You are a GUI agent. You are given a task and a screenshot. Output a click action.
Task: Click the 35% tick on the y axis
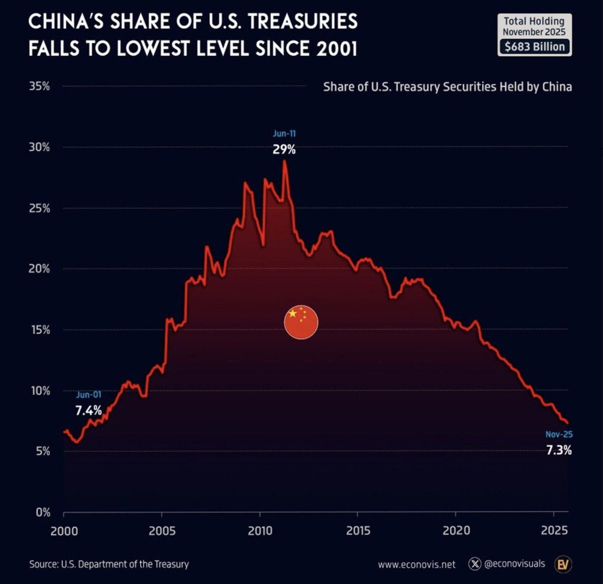39,86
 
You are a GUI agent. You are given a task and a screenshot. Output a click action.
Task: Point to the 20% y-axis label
39,269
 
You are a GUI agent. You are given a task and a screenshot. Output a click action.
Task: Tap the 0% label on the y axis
43,513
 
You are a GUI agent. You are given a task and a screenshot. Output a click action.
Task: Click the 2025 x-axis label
554,531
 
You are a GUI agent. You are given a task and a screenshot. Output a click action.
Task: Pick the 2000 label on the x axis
64,531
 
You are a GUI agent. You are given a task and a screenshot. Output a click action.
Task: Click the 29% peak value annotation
284,150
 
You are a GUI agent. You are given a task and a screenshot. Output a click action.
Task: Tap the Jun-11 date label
284,134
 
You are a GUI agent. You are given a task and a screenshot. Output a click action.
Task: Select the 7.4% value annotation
88,411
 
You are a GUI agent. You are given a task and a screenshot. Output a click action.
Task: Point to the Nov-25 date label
559,434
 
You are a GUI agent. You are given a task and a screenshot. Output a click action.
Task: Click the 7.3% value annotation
559,450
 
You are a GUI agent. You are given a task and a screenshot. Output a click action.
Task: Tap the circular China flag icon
301,322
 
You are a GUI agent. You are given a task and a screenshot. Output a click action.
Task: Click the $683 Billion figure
535,47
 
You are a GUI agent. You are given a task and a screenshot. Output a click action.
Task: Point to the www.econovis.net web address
417,564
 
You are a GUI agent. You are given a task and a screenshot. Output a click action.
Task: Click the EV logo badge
563,564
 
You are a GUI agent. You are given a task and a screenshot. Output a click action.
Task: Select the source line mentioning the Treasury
109,564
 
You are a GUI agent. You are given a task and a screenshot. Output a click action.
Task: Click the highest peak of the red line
284,160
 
